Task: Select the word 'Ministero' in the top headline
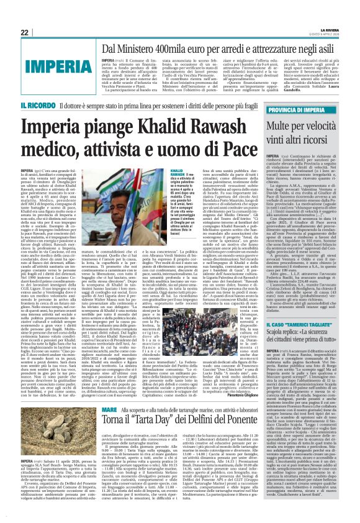122,48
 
